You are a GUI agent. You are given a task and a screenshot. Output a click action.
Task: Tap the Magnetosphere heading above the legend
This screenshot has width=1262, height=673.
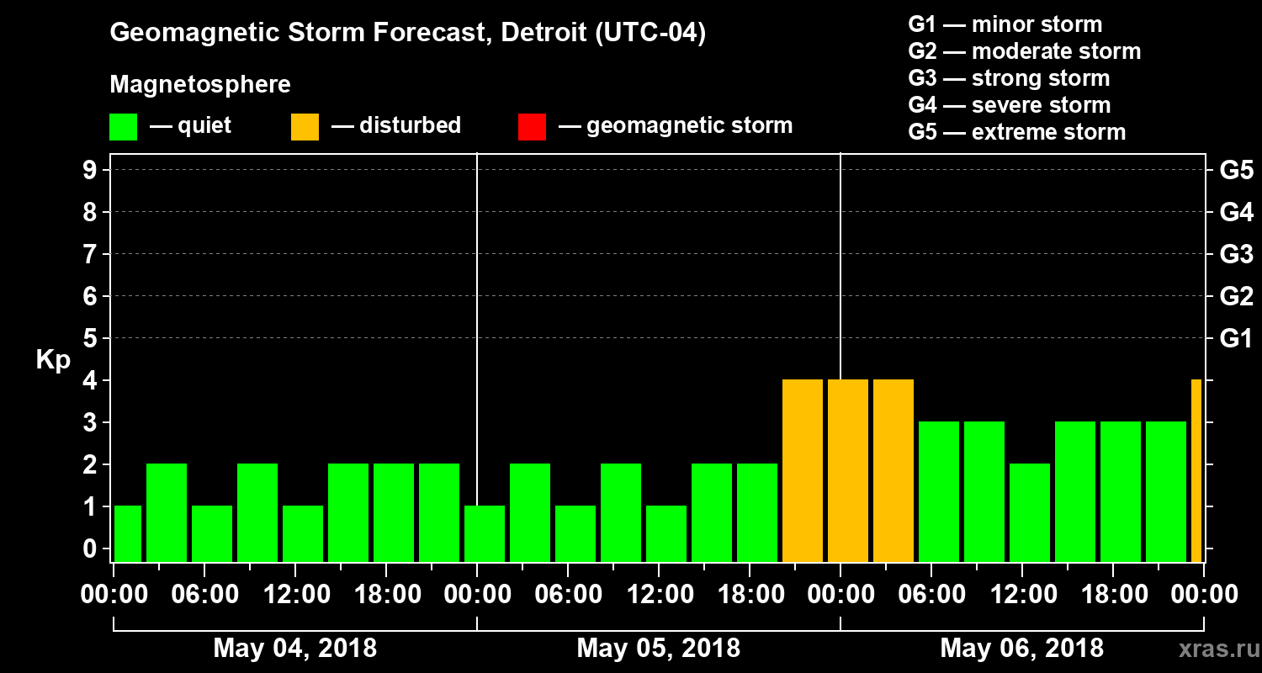click(200, 85)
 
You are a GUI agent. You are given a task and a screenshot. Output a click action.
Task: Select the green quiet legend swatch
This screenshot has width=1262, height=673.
click(123, 126)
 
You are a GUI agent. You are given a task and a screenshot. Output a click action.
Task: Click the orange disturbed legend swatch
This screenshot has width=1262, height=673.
click(305, 126)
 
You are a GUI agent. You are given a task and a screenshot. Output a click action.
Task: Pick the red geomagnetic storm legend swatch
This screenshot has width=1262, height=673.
click(532, 126)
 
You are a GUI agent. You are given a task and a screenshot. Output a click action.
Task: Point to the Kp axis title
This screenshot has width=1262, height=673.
click(53, 360)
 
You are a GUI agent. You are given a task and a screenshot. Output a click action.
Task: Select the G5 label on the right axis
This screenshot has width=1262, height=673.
click(1236, 170)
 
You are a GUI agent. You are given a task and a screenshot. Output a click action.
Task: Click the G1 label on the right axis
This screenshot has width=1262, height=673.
click(1236, 339)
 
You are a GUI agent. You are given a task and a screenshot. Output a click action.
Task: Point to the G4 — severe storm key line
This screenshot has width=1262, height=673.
click(1009, 105)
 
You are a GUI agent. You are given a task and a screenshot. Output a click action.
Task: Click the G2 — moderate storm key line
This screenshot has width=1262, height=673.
click(1024, 51)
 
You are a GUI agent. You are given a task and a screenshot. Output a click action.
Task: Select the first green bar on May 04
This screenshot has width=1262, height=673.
click(128, 533)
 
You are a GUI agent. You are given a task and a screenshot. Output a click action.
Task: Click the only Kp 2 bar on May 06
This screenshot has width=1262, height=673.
click(1030, 512)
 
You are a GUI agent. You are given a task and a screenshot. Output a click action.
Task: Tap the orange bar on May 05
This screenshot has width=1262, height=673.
click(803, 470)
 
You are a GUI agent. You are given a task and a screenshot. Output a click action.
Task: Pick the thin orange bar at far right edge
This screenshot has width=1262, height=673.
click(1196, 470)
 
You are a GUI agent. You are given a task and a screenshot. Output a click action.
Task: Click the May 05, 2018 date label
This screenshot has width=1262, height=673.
click(659, 648)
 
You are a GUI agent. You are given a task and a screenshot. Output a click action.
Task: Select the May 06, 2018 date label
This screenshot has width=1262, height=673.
click(1021, 648)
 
